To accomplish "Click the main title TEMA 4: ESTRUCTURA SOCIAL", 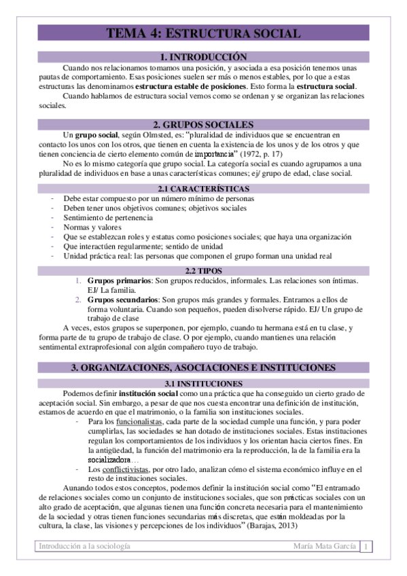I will (x=203, y=33).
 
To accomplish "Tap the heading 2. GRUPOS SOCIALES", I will (x=203, y=124).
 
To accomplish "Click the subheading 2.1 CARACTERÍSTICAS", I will (x=203, y=188).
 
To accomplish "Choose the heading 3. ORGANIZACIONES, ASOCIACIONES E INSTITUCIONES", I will (x=203, y=367).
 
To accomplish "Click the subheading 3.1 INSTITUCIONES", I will (x=203, y=384).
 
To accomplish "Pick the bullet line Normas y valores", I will (x=92, y=227).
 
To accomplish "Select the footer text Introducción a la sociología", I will (x=85, y=547).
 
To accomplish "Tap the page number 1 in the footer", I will (x=367, y=547).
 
